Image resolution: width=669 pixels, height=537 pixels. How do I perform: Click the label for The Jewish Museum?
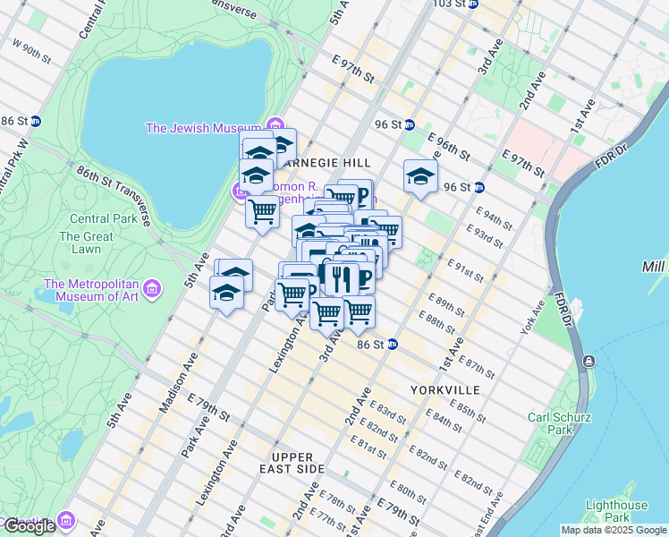[203, 128]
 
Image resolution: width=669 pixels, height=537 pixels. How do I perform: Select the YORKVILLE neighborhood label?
[445, 390]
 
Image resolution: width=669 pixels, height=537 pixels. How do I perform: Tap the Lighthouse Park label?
[616, 511]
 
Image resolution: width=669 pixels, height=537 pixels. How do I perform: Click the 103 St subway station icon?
[474, 4]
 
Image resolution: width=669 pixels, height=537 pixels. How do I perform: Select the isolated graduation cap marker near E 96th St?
[419, 177]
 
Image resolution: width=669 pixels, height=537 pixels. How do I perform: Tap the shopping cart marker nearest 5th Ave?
[262, 213]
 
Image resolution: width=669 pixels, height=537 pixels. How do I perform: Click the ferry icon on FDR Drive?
[588, 361]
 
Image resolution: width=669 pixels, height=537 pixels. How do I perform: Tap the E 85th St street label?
[468, 411]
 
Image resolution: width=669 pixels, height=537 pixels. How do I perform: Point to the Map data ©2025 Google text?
[614, 530]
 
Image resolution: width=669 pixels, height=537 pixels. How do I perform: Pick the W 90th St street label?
[31, 49]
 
